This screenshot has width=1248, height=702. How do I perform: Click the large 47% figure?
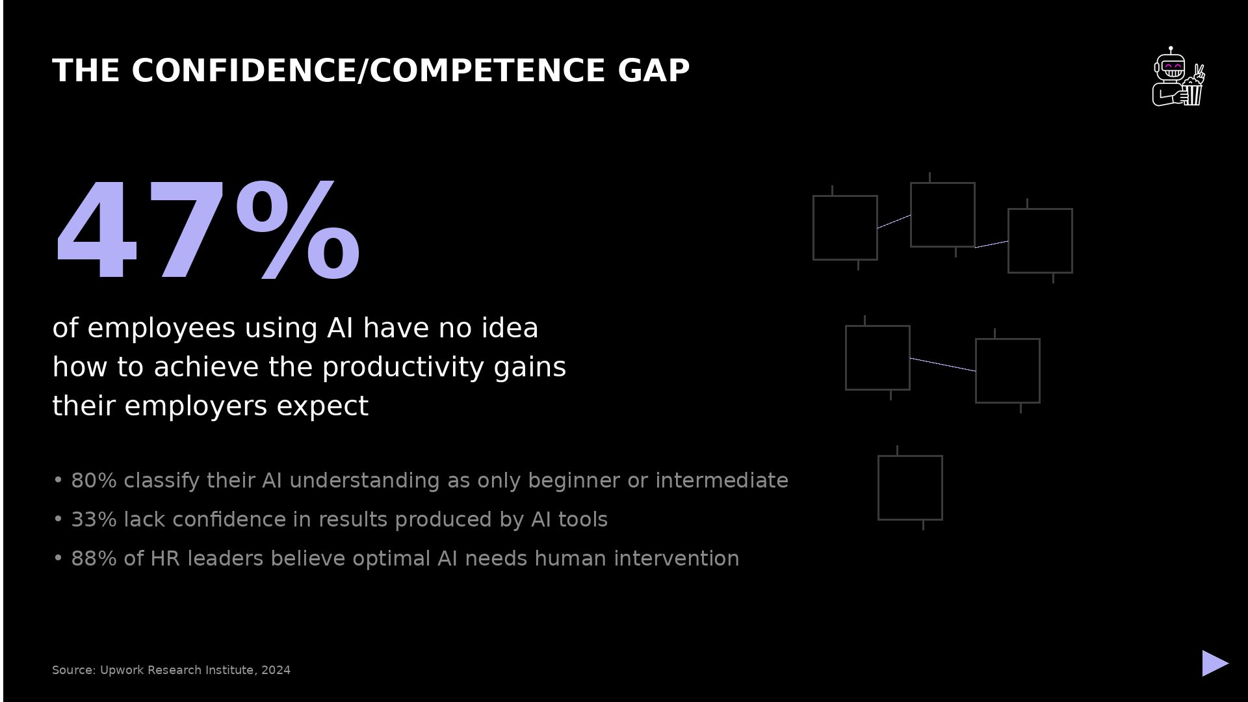click(207, 231)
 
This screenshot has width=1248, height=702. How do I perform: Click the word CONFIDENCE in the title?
click(243, 70)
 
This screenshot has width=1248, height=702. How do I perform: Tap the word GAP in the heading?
click(653, 70)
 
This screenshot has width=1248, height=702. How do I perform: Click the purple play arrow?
click(1214, 663)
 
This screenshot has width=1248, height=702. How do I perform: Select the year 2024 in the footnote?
click(276, 670)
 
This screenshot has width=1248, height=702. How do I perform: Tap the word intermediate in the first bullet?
click(721, 480)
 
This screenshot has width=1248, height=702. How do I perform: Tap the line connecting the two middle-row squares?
click(942, 365)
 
